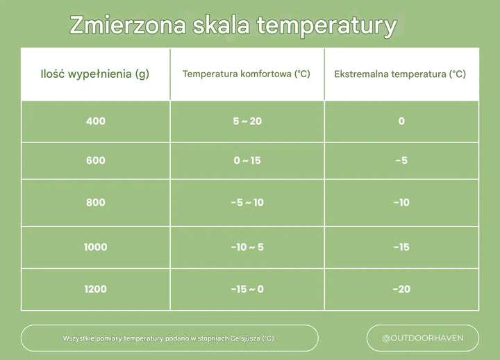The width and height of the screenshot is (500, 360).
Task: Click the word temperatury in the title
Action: (x=326, y=26)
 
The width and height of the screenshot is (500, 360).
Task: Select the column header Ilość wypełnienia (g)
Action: (x=95, y=74)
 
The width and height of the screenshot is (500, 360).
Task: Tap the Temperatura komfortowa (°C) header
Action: (x=247, y=74)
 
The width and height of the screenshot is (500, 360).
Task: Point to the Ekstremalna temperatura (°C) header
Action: (x=400, y=74)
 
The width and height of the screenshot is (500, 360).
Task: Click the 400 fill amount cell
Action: (x=95, y=122)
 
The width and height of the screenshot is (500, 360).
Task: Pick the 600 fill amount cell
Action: (x=95, y=161)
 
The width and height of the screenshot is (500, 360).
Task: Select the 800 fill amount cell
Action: (x=95, y=202)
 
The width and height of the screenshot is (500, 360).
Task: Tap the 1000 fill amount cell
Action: (x=95, y=247)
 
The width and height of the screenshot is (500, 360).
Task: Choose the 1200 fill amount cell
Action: (x=95, y=288)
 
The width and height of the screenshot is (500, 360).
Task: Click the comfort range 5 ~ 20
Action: (x=247, y=122)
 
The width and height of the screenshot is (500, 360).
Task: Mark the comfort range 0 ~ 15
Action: (x=247, y=161)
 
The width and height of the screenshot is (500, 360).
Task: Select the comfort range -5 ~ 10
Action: (x=247, y=202)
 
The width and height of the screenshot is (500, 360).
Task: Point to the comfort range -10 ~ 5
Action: (x=247, y=247)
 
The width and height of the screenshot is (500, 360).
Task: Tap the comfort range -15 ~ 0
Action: (x=247, y=288)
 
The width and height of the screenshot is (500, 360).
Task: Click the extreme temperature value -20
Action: (x=401, y=288)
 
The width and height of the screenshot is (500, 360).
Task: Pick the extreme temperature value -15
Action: (x=401, y=247)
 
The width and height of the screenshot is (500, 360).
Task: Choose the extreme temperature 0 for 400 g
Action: (x=401, y=122)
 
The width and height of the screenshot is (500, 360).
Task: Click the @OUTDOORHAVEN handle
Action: (x=422, y=338)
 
